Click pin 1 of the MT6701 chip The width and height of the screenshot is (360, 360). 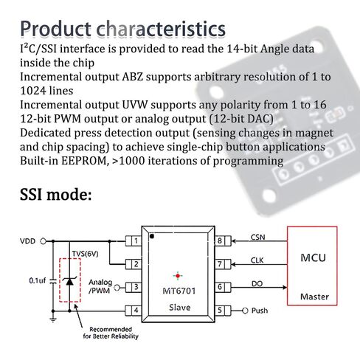134,241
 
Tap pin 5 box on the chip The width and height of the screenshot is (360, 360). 224,311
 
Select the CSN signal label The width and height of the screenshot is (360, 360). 257,237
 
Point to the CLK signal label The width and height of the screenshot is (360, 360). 257,260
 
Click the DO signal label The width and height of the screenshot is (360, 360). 257,283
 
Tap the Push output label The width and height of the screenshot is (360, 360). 260,311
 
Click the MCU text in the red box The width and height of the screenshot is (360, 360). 313,257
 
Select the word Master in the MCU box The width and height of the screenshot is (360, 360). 314,297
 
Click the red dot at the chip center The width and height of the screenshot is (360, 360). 178,276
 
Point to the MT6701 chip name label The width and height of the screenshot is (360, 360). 179,291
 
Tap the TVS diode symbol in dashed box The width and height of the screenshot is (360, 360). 69,281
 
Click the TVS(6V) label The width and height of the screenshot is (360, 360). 85,254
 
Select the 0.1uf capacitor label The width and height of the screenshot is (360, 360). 38,280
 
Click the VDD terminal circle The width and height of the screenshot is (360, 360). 43,241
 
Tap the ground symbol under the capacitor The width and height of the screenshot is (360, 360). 53,319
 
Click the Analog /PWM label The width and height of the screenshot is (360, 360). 100,286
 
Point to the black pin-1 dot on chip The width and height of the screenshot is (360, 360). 152,236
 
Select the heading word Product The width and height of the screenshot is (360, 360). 55,29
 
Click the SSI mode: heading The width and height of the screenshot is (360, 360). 56,194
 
